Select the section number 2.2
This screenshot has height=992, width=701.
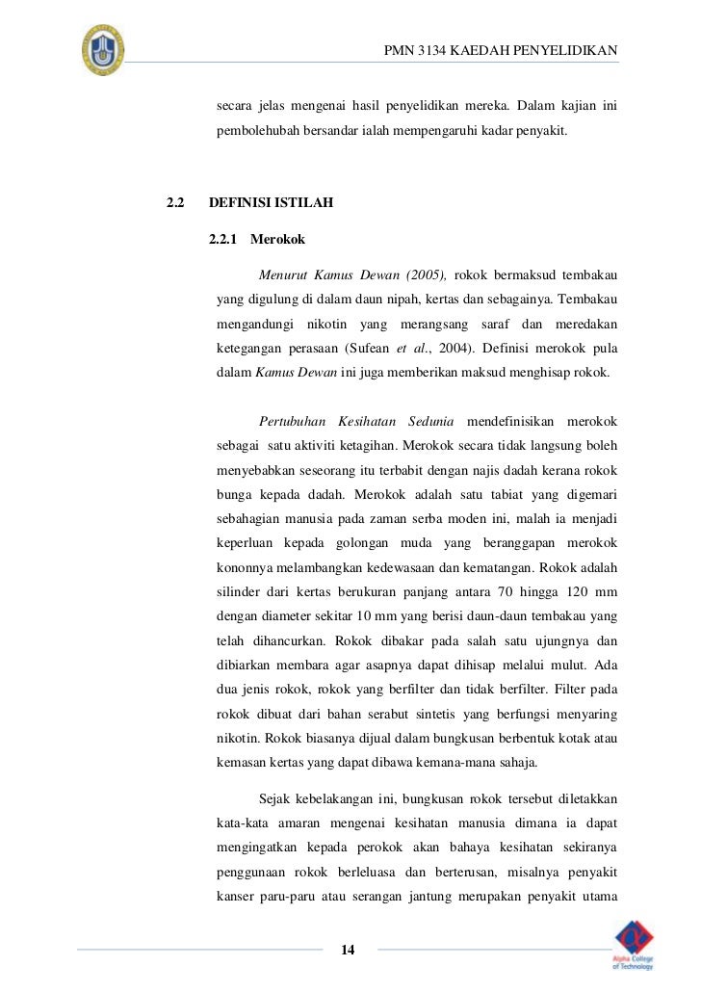[x=174, y=203]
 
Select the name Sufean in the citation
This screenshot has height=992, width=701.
[x=365, y=347]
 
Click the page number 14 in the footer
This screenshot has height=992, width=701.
[x=349, y=951]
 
